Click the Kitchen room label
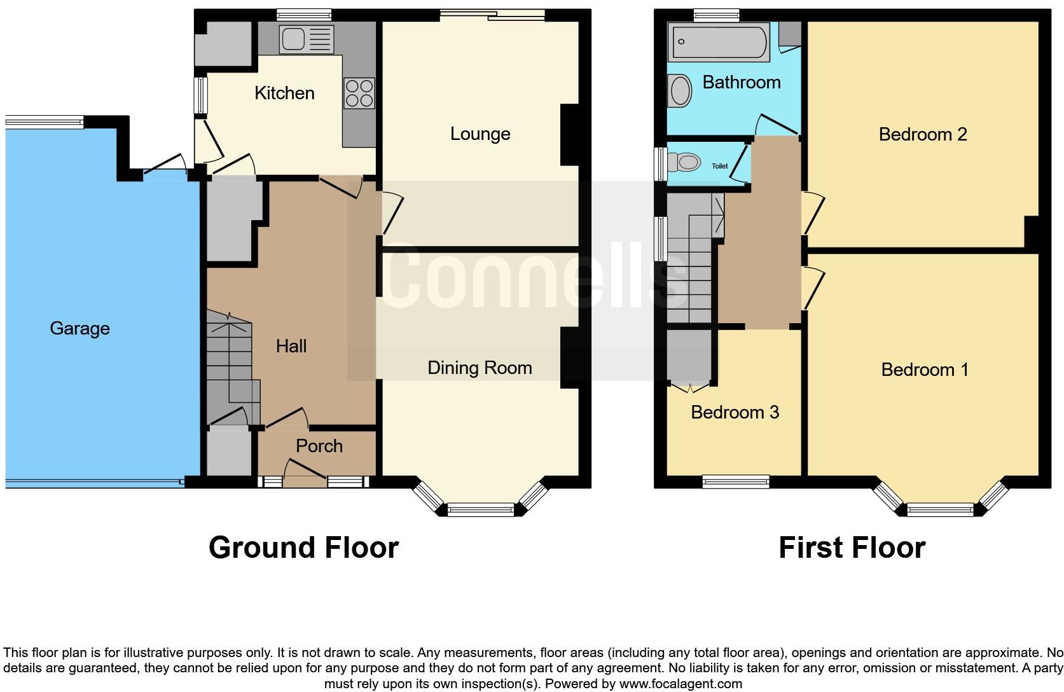[x=284, y=93]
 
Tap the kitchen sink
[x=306, y=39]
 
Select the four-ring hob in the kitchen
[x=359, y=93]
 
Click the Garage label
[x=79, y=328]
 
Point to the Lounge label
[x=480, y=134]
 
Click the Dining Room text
[x=480, y=368]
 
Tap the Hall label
[x=291, y=346]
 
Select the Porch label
[x=319, y=446]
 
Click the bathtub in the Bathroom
[x=719, y=42]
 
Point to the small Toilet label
[x=719, y=166]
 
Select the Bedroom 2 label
[x=923, y=134]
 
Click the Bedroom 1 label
[x=925, y=370]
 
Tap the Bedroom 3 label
[x=735, y=412]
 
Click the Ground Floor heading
[x=303, y=548]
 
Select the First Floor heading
[x=852, y=548]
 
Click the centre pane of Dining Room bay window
[x=481, y=509]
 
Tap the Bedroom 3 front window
[x=736, y=482]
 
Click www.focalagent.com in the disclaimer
[x=680, y=684]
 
